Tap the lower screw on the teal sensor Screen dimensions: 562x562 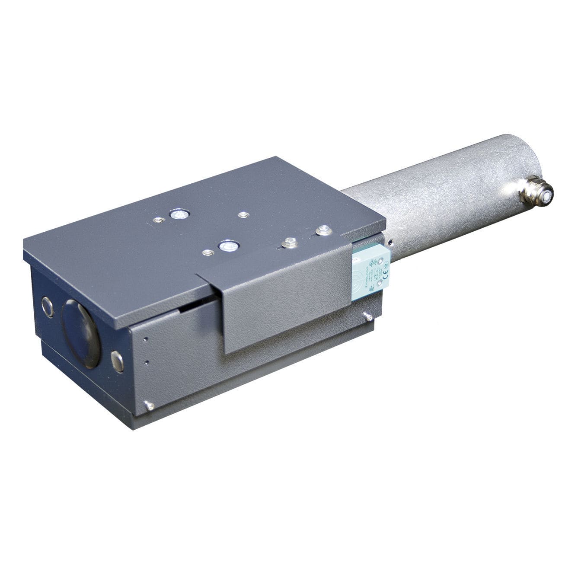tap(379, 283)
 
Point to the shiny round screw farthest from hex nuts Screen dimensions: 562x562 tap(177, 213)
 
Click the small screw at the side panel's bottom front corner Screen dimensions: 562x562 tap(150, 406)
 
